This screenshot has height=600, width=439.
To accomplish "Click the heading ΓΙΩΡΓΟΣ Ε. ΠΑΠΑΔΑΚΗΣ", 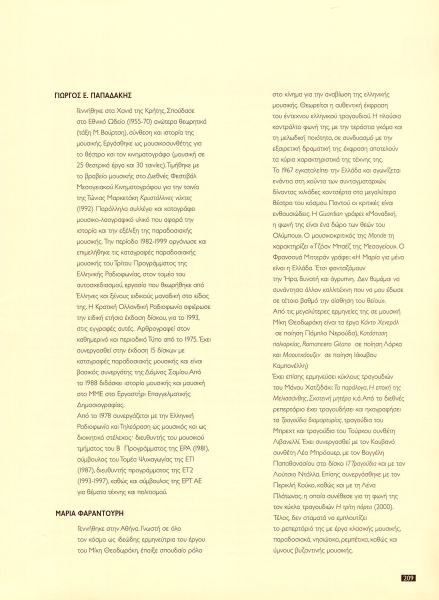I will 96,96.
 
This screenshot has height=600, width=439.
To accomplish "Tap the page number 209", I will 408,578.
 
